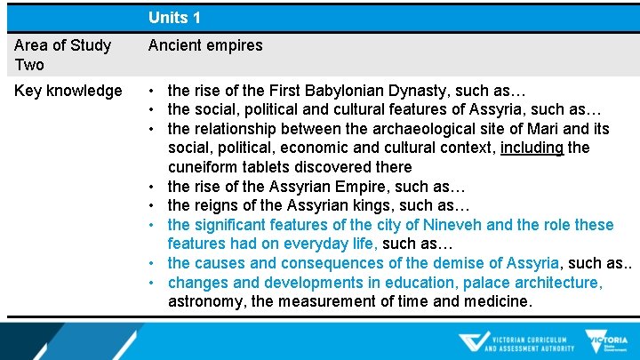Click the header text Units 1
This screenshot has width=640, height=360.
point(174,17)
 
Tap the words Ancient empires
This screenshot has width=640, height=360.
point(205,44)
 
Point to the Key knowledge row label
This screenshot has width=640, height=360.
point(68,91)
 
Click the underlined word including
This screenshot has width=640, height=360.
point(532,148)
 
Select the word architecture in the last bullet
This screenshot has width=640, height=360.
point(553,283)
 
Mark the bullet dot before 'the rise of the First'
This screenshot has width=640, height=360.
point(155,92)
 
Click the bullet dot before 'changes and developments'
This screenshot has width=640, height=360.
point(155,284)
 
